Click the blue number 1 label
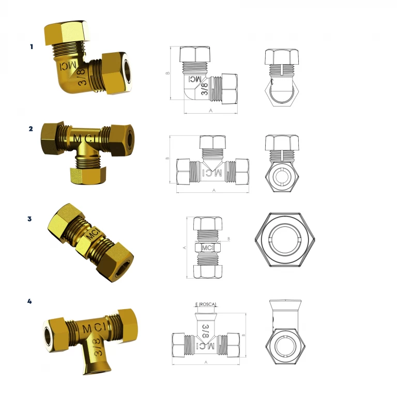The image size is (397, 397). [32, 47]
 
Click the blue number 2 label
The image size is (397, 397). [30, 129]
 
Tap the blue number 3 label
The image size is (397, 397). [29, 219]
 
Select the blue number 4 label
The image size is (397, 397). [29, 301]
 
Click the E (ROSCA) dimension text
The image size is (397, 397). [206, 304]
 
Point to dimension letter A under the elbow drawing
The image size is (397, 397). [210, 111]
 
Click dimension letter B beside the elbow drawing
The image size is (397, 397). [167, 73]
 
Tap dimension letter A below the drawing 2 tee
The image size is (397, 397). [214, 190]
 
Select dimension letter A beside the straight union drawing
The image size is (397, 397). [185, 248]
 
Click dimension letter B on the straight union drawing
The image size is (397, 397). [228, 239]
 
